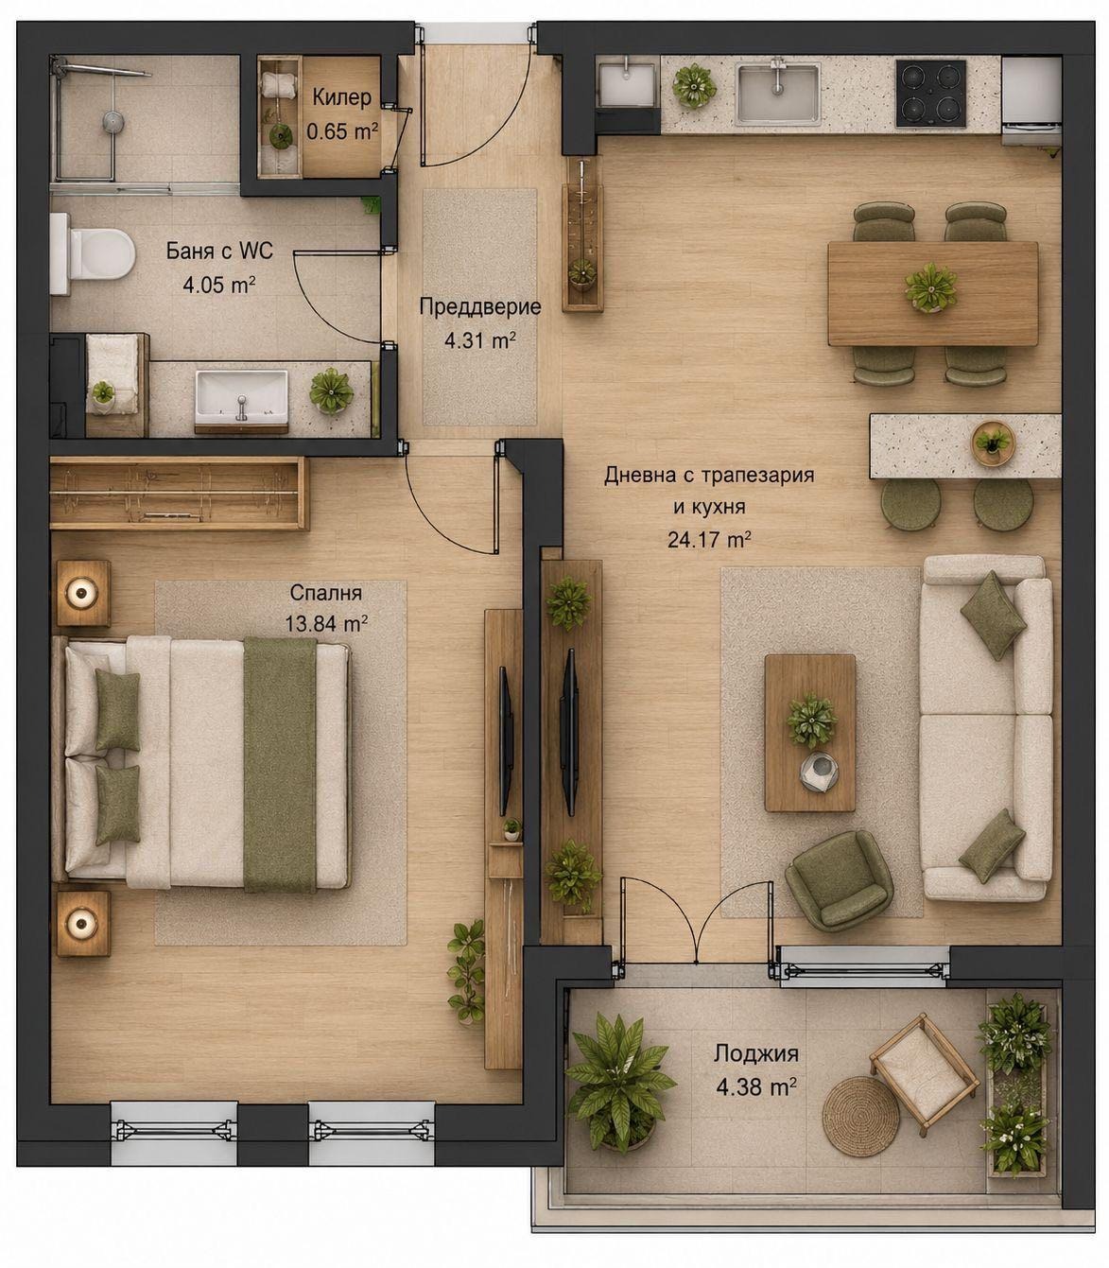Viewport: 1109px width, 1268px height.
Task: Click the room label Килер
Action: (341, 97)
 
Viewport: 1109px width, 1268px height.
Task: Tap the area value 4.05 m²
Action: (219, 285)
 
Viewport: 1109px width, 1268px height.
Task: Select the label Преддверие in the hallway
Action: (479, 306)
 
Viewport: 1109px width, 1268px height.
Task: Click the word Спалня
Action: (325, 593)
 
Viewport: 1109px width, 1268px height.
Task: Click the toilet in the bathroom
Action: (93, 253)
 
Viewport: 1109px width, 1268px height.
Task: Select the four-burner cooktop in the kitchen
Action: (930, 94)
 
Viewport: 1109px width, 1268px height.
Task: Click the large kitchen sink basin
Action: (777, 93)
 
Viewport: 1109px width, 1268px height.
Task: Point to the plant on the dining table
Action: (930, 288)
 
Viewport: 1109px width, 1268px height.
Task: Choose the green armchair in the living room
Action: (839, 880)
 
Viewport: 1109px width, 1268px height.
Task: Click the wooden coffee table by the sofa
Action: (809, 733)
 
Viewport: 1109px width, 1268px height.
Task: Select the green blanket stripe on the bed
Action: (280, 765)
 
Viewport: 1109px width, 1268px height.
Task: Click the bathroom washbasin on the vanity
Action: (242, 396)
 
